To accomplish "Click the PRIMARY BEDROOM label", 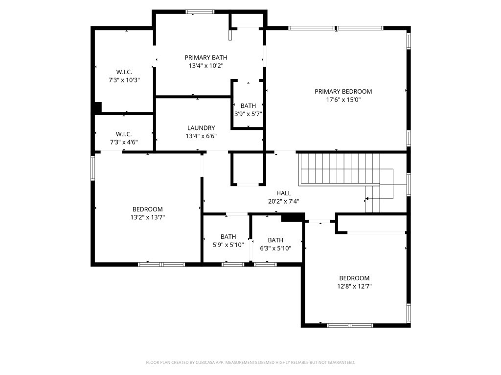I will pyautogui.click(x=343, y=91).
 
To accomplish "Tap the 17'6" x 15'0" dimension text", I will pyautogui.click(x=343, y=100).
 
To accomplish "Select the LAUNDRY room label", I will pyautogui.click(x=201, y=128).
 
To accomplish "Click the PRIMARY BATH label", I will pyautogui.click(x=205, y=57).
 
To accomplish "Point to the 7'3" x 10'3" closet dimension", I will pyautogui.click(x=124, y=80).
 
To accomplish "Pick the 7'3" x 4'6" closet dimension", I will pyautogui.click(x=124, y=142).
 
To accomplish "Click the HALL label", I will pyautogui.click(x=284, y=193).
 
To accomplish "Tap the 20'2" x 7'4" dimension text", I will pyautogui.click(x=284, y=201).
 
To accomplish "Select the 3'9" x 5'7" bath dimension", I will pyautogui.click(x=248, y=114).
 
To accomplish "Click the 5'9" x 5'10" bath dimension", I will pyautogui.click(x=228, y=245).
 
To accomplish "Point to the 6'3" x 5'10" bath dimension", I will pyautogui.click(x=275, y=248).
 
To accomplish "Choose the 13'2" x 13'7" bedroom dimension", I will pyautogui.click(x=147, y=218).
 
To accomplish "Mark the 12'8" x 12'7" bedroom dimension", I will pyautogui.click(x=354, y=287).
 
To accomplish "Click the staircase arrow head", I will pyautogui.click(x=366, y=199).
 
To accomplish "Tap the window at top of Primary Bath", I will pyautogui.click(x=200, y=12).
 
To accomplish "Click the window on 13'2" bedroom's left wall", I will pyautogui.click(x=92, y=168).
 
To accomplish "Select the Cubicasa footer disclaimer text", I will pyautogui.click(x=250, y=362).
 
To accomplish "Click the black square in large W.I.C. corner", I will pyautogui.click(x=97, y=107).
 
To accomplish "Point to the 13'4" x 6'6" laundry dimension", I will pyautogui.click(x=201, y=136).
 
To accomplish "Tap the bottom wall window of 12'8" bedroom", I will pyautogui.click(x=350, y=325).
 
